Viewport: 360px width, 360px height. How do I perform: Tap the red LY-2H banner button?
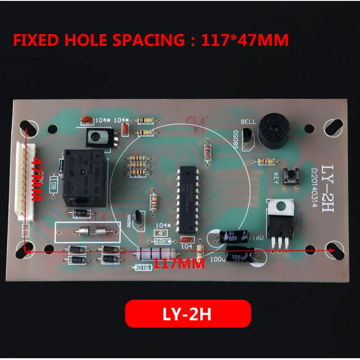click(188, 314)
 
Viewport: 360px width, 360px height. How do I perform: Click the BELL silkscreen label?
click(248, 121)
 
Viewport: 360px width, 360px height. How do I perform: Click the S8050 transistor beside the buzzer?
click(246, 136)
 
